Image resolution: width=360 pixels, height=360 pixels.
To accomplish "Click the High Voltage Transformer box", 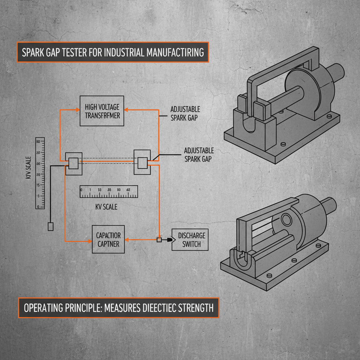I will tap(102, 110).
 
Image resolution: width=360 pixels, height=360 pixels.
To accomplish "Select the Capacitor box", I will tap(108, 239).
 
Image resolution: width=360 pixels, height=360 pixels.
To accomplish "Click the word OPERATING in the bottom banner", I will tap(44, 308).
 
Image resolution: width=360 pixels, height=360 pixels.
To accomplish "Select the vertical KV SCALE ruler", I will tap(40, 173).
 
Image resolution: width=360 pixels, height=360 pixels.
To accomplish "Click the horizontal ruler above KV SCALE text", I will tap(109, 191).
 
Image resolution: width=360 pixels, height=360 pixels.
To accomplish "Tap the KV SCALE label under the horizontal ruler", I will tap(106, 207).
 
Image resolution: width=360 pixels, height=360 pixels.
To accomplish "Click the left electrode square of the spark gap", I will tap(73, 163).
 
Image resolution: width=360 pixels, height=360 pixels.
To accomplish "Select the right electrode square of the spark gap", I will tap(142, 163).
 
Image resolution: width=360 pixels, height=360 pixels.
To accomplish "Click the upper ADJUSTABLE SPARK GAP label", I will tap(185, 113).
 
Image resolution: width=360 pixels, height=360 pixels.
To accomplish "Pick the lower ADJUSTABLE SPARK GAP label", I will tap(199, 155).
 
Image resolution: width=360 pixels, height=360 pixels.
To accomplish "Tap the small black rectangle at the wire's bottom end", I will tap(50, 226).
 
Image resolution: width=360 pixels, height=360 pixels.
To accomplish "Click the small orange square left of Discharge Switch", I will tap(159, 240).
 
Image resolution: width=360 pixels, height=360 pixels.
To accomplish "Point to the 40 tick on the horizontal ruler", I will tap(128, 190).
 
